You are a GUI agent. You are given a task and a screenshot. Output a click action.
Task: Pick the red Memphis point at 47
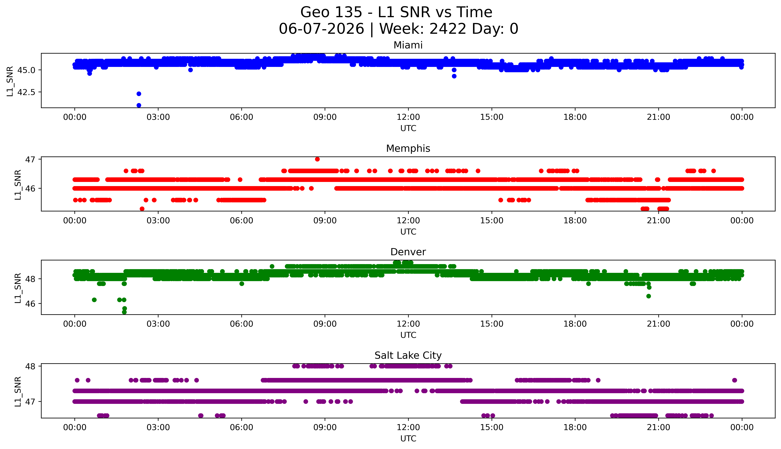(317, 159)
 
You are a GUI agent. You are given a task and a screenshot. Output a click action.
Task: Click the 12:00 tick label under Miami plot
(408, 117)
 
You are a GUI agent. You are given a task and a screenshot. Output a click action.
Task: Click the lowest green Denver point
(124, 312)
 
